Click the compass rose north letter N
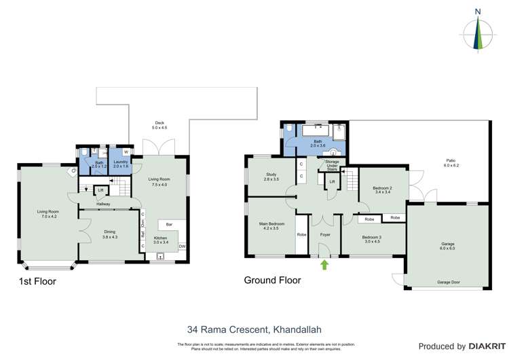coord(478,12)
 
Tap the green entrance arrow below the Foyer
coord(324,264)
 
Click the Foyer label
coord(325,234)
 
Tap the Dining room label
coord(109,234)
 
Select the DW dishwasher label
coord(181,247)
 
